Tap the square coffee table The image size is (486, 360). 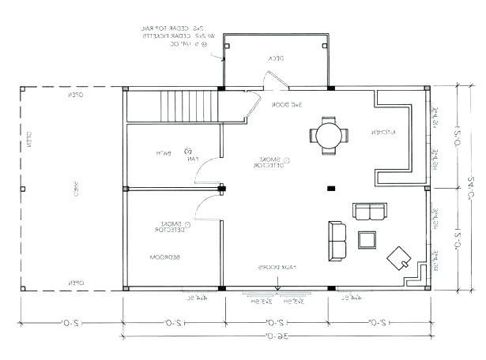click(367, 239)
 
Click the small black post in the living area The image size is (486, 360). click(331, 188)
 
